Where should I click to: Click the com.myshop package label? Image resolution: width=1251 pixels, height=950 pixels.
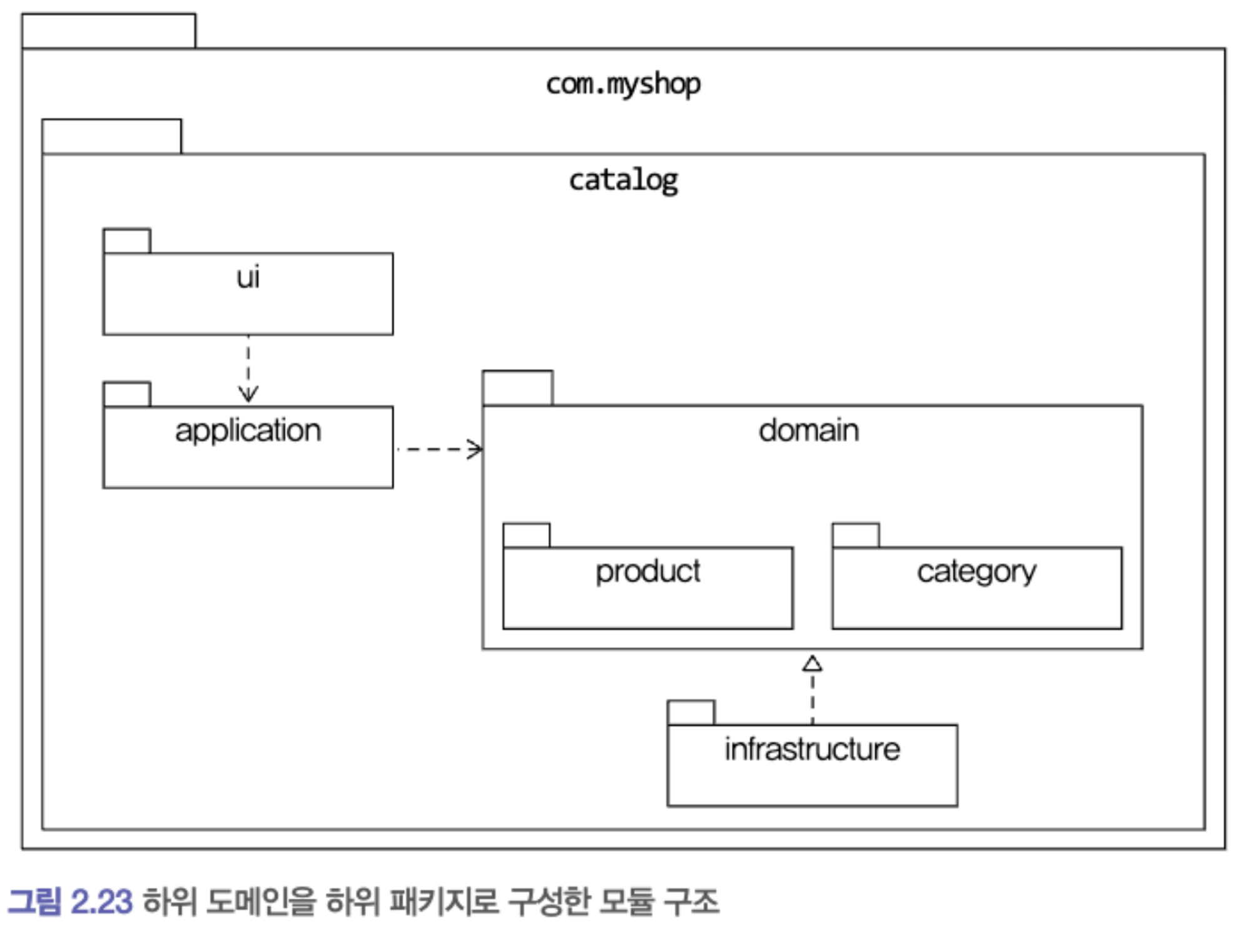pos(623,84)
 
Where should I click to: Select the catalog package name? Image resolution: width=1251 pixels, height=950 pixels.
pos(623,181)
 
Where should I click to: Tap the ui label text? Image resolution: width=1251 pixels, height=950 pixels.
pos(248,277)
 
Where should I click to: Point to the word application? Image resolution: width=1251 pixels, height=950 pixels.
pos(248,431)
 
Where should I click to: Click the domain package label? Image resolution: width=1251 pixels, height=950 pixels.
pos(808,431)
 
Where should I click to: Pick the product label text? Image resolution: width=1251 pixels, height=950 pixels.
pos(647,571)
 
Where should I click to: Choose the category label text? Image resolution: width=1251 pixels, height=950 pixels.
pos(976,572)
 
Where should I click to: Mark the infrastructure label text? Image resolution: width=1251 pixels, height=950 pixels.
pos(812,749)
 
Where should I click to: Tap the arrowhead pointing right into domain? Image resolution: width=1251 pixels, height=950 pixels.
pos(475,449)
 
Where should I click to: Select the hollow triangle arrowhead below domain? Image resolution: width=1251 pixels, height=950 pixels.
pos(812,663)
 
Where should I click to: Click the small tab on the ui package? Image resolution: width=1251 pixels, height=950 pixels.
pos(127,241)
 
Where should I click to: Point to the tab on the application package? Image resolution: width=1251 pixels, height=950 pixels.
pos(127,394)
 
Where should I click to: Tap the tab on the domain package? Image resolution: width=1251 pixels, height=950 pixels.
pos(517,388)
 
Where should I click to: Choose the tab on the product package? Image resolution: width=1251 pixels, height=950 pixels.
pos(527,536)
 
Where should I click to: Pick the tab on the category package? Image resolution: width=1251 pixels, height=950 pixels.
pos(856,536)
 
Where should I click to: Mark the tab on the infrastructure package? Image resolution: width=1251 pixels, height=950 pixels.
pos(691,713)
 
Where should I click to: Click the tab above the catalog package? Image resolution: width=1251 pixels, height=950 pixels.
pos(112,136)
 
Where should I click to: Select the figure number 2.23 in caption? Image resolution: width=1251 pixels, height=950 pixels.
pos(101,902)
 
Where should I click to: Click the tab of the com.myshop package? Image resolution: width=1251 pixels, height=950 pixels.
pos(109,31)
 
